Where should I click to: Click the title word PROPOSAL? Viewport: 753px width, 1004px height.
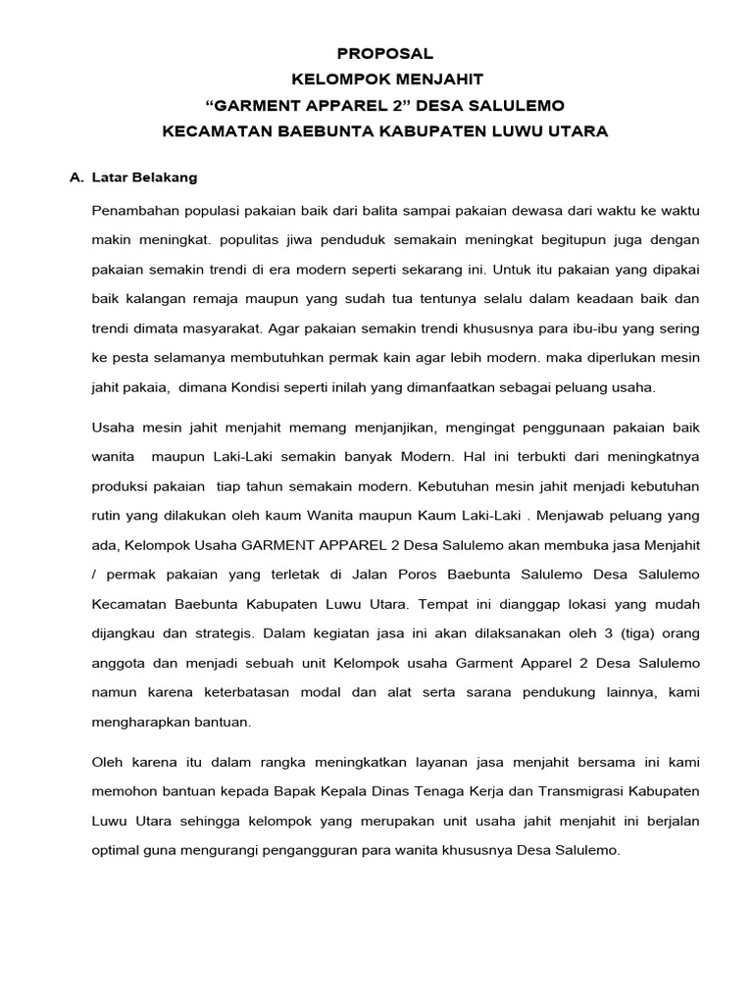384,53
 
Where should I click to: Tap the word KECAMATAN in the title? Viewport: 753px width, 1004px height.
213,130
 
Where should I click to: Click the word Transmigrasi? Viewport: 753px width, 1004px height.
563,791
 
